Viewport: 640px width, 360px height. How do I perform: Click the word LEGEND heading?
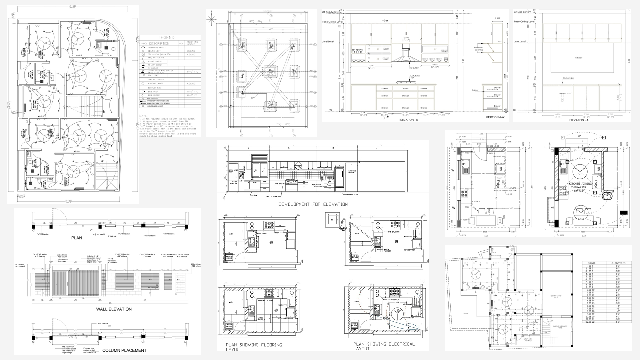166,37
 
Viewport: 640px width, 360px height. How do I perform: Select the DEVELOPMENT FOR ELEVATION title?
313,204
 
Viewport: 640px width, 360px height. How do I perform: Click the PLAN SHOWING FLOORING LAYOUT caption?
254,347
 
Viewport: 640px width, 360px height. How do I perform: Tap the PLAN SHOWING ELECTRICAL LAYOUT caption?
384,346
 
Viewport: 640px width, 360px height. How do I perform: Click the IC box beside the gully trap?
332,220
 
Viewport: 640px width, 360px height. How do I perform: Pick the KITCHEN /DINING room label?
580,184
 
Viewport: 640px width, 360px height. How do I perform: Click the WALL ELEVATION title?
114,309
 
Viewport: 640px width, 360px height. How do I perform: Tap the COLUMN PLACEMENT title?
124,350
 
